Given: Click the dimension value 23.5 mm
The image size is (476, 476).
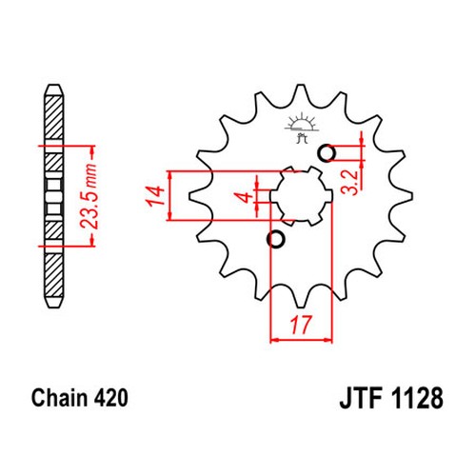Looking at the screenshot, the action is pos(89,196).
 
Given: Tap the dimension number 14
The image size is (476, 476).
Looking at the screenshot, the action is pos(155,196).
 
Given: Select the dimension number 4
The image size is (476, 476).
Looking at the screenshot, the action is pos(246,197).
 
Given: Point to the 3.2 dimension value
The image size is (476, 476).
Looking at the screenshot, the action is pos(349,183).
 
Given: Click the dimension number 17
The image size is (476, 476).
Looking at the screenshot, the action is pos(300,325).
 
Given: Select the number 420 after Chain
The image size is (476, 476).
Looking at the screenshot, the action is pos(110,398).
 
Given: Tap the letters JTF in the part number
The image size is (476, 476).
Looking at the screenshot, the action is pos(361,398).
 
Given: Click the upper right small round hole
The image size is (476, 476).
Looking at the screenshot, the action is pos(327,153).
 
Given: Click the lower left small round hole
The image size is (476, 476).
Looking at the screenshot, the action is pos(276,239).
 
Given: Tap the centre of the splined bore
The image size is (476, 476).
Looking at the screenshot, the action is pos(301,196).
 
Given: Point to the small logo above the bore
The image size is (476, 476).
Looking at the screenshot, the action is pos(302,128).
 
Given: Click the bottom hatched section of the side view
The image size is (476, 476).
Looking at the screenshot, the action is pos(54,275).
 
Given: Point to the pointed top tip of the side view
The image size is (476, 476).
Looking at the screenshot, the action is pos(53,85).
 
